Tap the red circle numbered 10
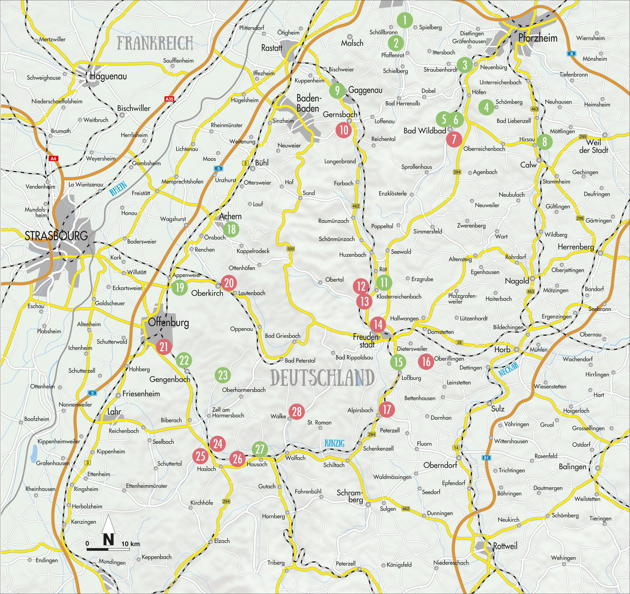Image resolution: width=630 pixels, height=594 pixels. [344, 130]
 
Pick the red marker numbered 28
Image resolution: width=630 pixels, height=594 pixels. [297, 412]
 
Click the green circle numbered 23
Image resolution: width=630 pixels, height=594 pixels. [223, 375]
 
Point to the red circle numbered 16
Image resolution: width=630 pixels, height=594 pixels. [426, 361]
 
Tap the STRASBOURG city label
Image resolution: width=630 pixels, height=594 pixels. [56, 236]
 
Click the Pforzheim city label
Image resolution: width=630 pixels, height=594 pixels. [538, 38]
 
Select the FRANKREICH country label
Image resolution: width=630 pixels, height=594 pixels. [155, 43]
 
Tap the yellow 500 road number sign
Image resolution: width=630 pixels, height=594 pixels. [290, 249]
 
